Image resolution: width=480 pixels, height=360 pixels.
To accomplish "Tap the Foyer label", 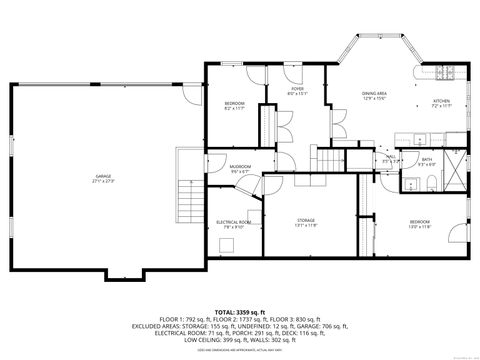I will [297, 89].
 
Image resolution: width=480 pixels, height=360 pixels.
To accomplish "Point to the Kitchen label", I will [441, 101].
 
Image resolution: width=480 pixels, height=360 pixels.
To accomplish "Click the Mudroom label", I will [240, 166].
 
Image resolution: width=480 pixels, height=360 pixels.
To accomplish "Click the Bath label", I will [427, 160].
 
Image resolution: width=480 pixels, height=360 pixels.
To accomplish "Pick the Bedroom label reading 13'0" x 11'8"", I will [419, 221].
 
